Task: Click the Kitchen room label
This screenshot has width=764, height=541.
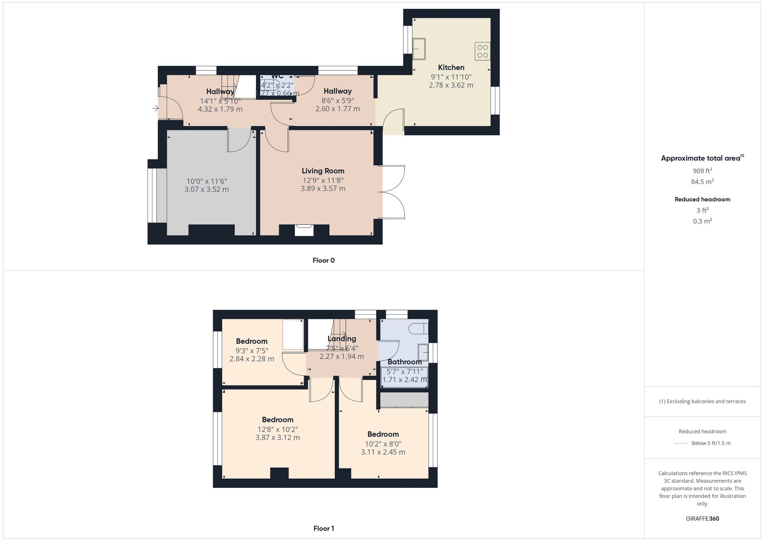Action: pos(451,68)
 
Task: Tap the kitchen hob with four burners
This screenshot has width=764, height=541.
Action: pos(482,51)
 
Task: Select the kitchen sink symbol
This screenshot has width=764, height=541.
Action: pos(419,49)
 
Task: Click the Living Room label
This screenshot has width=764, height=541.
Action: pos(323,171)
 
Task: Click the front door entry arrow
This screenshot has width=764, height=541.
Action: pos(155,109)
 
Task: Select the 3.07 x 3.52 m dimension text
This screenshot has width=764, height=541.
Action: pos(206,189)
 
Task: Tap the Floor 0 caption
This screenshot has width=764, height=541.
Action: pos(323,260)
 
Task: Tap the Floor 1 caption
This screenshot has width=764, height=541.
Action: pos(323,528)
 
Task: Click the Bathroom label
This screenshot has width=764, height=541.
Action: pos(405,362)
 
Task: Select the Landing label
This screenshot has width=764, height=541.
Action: pos(342,339)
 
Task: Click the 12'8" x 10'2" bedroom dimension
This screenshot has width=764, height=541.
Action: pos(277,429)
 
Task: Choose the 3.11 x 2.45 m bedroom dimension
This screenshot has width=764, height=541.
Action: pos(383,452)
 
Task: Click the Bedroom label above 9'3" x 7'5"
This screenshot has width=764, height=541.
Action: pos(251,341)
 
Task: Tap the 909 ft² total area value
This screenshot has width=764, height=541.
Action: pos(702,171)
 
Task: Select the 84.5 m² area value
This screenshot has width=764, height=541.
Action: pos(702,182)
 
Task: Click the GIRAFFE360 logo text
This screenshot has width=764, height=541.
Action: pos(702,519)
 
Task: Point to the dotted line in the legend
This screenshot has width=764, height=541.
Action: pos(681,444)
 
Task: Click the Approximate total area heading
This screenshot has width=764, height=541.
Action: pos(701,158)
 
